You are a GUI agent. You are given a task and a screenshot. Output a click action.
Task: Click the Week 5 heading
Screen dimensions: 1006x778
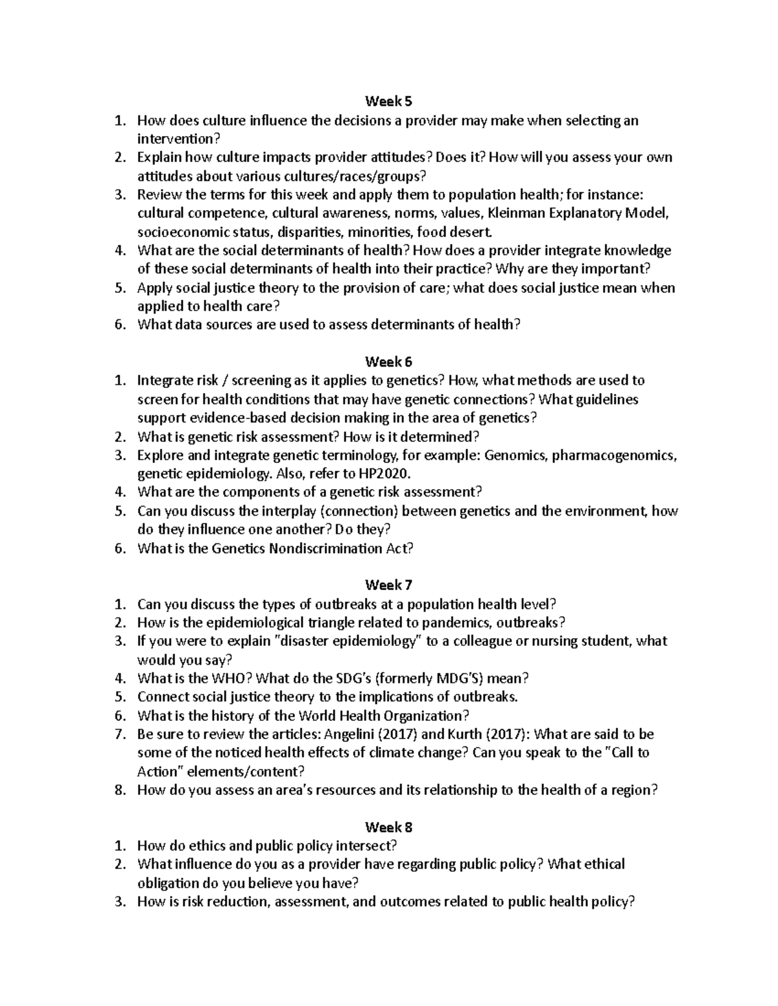tap(388, 101)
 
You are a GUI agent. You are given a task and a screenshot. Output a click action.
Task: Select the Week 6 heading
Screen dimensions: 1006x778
tap(388, 361)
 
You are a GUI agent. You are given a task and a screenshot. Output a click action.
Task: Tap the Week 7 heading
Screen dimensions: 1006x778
tap(388, 585)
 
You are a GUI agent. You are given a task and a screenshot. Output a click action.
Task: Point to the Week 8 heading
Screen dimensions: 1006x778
tap(388, 827)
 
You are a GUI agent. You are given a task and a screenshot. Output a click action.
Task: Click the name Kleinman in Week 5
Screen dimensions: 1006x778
tap(518, 213)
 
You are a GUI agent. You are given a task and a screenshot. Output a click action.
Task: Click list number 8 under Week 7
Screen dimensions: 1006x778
tap(119, 790)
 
